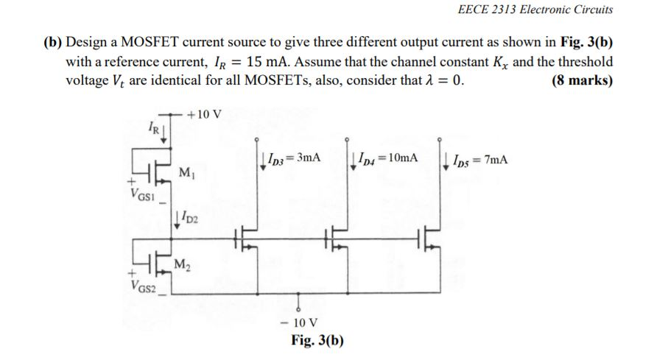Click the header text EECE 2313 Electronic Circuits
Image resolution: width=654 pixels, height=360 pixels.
[x=535, y=10]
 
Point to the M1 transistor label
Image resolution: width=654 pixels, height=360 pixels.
[x=186, y=173]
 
